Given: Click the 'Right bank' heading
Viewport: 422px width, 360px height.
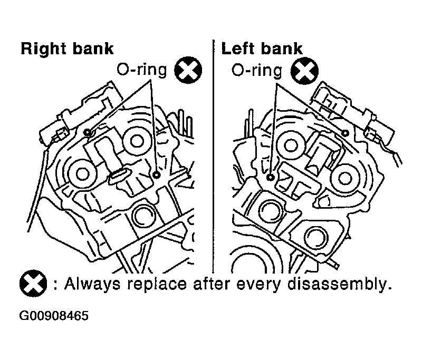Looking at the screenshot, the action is coord(68,49).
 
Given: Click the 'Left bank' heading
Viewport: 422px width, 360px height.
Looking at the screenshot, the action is coord(262,48).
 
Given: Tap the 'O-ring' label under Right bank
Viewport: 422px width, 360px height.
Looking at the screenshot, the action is coord(142,70).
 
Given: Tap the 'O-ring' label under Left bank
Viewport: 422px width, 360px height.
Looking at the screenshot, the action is coord(257,71).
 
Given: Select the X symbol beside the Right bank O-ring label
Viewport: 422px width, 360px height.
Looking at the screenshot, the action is coord(188,70).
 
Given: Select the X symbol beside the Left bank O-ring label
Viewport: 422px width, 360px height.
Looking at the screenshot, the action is coord(305,71).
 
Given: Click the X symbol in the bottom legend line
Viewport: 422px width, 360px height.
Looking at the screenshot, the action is coord(33,283).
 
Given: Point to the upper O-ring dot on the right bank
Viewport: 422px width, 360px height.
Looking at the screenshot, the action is coord(88,132).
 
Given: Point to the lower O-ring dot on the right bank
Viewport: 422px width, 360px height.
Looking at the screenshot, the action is coord(156,175).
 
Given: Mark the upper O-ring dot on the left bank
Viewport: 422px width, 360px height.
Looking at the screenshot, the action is coord(346,133).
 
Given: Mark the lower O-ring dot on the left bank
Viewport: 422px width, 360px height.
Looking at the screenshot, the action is coord(271,177).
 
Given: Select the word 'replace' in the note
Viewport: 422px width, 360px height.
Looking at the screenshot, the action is coord(157,285).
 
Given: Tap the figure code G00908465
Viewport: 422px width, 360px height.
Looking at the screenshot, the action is coord(54,316).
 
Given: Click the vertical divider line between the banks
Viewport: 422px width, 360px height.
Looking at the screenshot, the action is coord(214,157).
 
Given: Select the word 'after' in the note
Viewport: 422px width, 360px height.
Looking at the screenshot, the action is coord(211,284).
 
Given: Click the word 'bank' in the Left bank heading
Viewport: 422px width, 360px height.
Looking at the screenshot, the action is coord(282,48).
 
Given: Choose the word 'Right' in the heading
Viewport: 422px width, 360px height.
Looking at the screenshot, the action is coord(43,50).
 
